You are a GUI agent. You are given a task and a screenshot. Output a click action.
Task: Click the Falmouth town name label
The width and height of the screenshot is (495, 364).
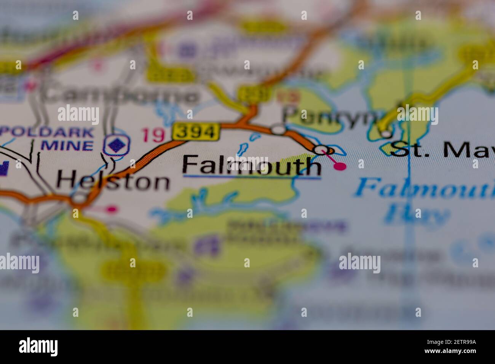tap(251, 165)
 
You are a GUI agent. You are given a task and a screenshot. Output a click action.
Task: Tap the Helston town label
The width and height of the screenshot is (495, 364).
tap(113, 181)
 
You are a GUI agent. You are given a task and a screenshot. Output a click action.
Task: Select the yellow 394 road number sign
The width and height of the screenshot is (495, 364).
tap(196, 132)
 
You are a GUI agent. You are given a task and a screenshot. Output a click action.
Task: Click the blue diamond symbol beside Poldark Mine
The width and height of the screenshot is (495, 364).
tap(117, 145)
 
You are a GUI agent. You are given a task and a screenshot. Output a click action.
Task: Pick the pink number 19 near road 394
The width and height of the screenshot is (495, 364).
tap(153, 135)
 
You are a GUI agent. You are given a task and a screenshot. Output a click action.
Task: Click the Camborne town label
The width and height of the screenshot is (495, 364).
tap(120, 95)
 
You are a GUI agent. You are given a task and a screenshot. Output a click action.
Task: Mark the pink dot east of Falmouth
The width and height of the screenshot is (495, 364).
tap(340, 166)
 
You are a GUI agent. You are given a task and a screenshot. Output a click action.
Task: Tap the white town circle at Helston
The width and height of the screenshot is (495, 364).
tap(79, 198)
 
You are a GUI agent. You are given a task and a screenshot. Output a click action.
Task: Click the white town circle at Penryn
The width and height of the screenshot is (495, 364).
tap(278, 130)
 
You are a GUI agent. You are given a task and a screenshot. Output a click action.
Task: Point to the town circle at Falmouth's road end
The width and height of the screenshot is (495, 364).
tap(322, 149)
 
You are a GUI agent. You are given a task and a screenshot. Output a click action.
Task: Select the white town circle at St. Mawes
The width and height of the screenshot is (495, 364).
tap(386, 134)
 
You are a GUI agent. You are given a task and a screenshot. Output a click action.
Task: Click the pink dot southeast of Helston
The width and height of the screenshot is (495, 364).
tap(111, 209)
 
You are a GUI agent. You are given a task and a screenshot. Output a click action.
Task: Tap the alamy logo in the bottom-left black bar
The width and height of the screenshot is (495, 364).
tap(38, 347)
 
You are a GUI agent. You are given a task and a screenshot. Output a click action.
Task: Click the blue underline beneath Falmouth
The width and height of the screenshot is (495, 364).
tap(251, 177)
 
